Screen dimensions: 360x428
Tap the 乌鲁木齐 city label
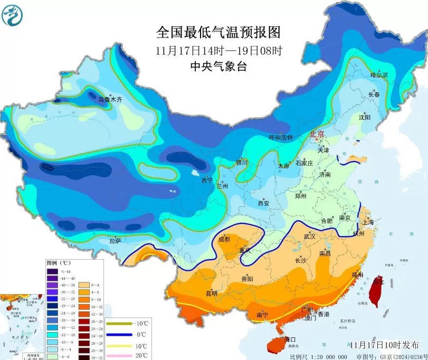click(x=110, y=99)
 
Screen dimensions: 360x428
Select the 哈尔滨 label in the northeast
click(x=378, y=75)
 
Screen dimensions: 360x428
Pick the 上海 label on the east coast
click(x=368, y=222)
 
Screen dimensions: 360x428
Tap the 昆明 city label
click(x=211, y=293)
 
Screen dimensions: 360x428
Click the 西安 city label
click(x=263, y=203)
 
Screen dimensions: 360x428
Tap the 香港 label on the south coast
click(x=323, y=314)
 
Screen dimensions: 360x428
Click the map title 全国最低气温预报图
click(x=218, y=33)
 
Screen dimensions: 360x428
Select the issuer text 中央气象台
click(x=218, y=67)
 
